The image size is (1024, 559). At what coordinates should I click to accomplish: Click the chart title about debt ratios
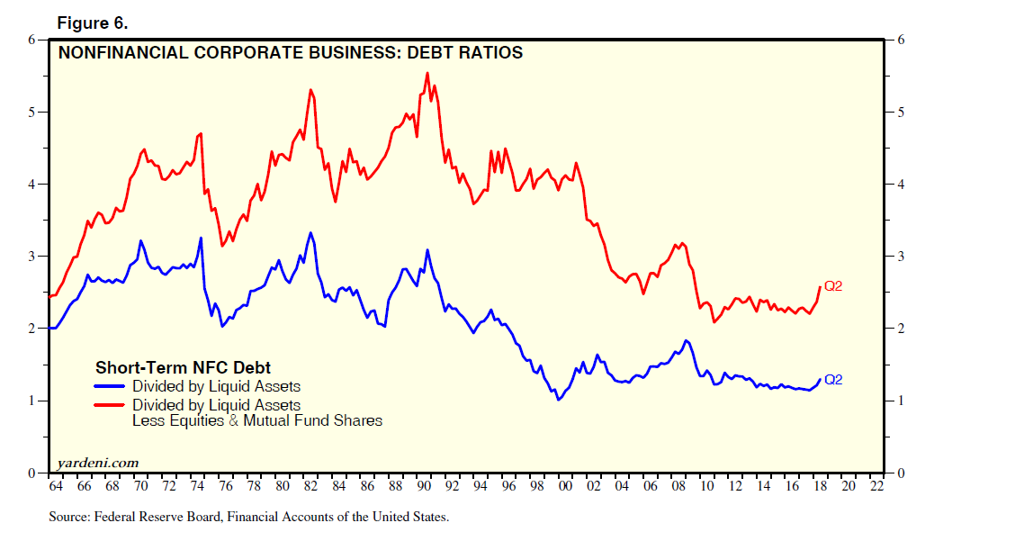(x=290, y=53)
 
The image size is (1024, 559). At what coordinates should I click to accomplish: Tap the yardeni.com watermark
(x=98, y=463)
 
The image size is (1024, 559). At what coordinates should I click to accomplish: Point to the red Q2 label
(x=833, y=286)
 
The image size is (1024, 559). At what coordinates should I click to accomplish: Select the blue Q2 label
(x=833, y=380)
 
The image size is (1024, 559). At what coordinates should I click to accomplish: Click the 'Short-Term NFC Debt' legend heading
(x=183, y=367)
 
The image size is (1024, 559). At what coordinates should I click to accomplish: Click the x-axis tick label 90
(x=424, y=487)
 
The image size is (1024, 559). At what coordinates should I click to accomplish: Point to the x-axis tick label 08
(x=679, y=487)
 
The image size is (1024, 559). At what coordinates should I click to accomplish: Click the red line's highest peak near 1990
(x=427, y=74)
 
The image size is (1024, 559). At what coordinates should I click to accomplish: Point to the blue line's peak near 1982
(x=310, y=233)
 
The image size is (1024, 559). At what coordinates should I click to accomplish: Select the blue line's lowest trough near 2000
(x=559, y=399)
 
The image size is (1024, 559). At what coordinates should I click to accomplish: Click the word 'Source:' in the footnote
(x=69, y=518)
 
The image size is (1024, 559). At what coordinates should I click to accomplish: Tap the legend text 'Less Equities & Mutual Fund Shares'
(x=256, y=420)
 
